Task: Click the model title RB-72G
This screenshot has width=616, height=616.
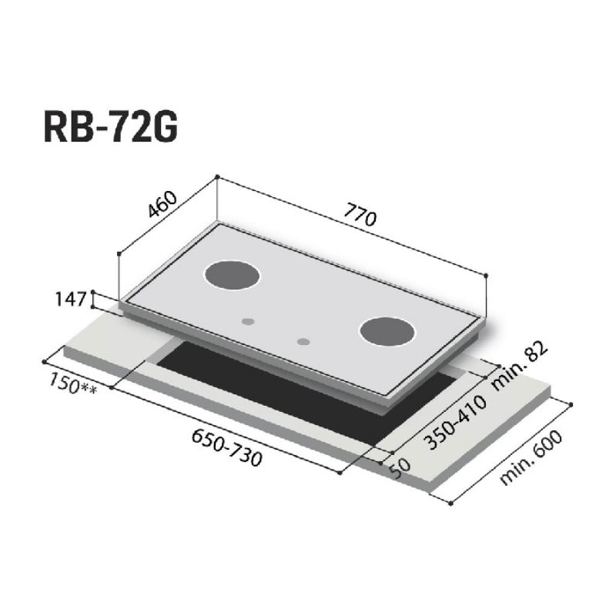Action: pos(110,126)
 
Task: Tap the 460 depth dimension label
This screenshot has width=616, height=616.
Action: pos(162,204)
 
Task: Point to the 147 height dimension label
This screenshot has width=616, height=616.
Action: pos(70,300)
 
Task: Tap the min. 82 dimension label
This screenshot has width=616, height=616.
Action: pos(519,366)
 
